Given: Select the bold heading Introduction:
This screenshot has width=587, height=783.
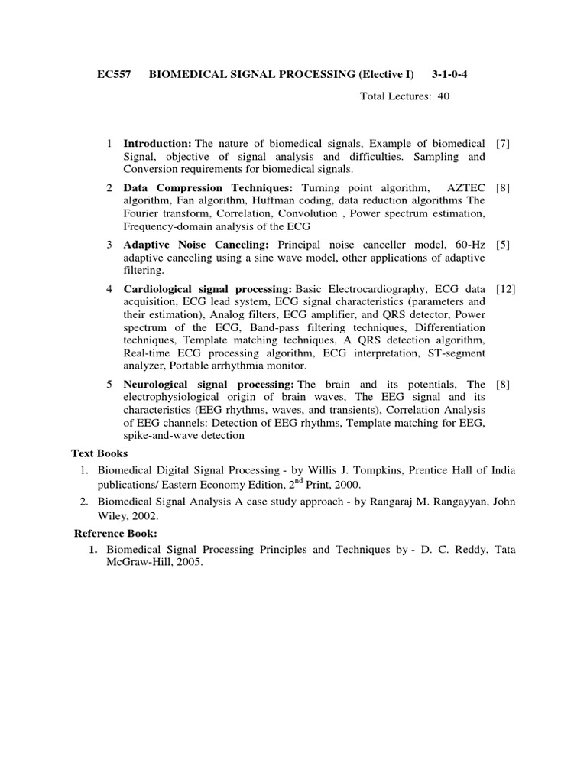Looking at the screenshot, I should pyautogui.click(x=157, y=144).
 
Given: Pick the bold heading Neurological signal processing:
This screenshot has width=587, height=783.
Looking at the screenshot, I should pyautogui.click(x=209, y=384).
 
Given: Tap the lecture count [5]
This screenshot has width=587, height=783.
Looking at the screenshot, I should pyautogui.click(x=503, y=245).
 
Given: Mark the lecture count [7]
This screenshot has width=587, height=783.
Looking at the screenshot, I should pyautogui.click(x=503, y=144).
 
